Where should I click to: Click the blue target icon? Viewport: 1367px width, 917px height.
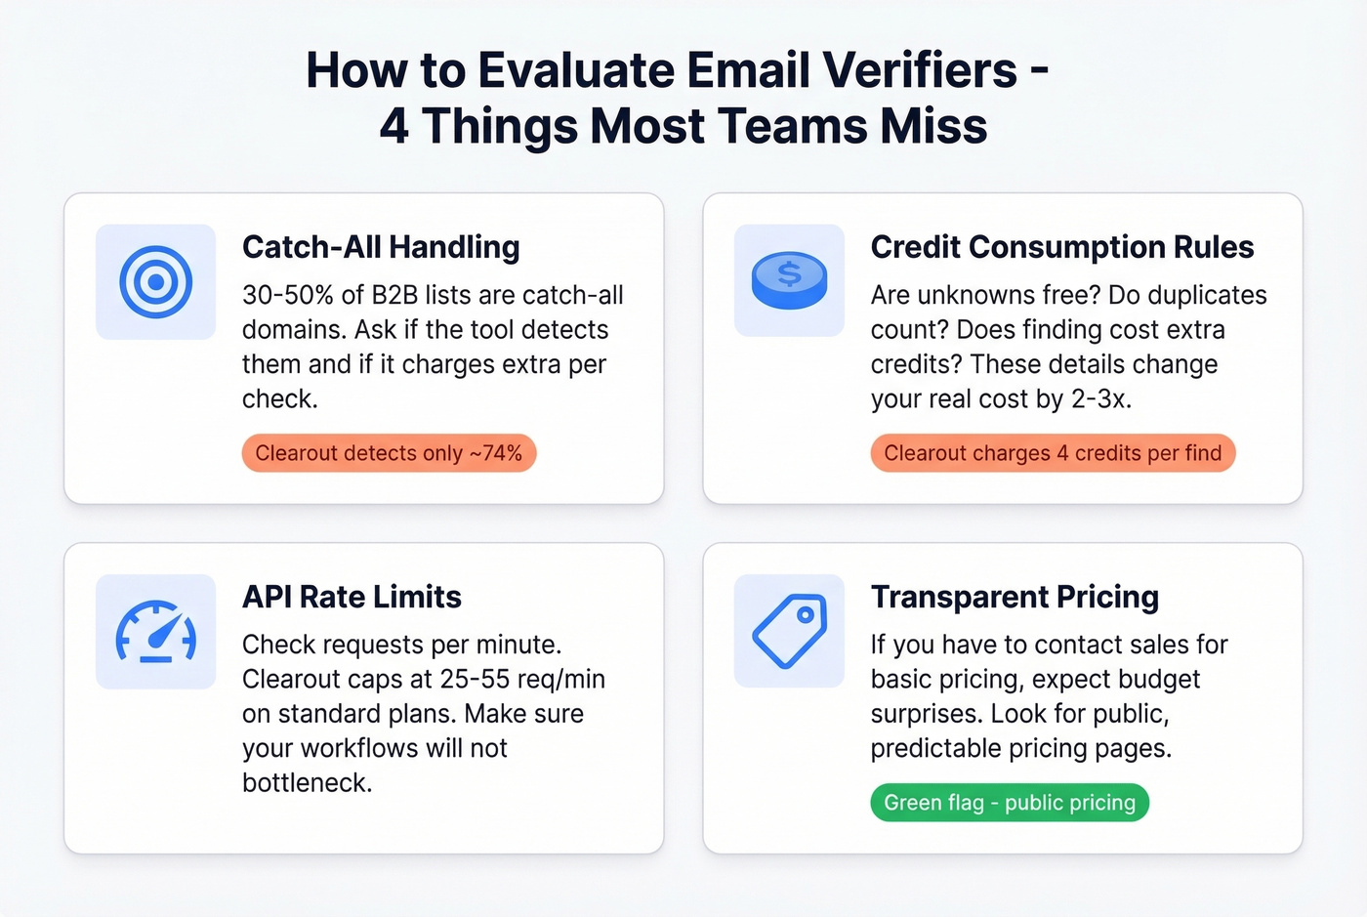point(155,282)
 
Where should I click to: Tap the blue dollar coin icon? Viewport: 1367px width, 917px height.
point(789,281)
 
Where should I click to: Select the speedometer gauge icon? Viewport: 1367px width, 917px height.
point(155,633)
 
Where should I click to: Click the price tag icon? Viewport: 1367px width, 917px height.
point(789,632)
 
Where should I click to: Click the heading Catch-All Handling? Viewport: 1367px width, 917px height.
point(381,247)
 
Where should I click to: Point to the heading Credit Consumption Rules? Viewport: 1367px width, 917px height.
point(1061,247)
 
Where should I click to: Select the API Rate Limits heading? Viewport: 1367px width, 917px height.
point(352,597)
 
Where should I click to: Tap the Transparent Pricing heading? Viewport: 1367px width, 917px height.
point(1015,597)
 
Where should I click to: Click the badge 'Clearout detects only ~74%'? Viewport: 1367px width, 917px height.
point(389,453)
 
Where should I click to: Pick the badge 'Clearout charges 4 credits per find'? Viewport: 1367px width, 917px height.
point(1053,453)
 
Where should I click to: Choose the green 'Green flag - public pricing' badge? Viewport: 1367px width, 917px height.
point(1010,803)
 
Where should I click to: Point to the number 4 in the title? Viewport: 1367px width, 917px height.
point(394,126)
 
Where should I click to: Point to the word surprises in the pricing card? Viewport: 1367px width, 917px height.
point(924,714)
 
